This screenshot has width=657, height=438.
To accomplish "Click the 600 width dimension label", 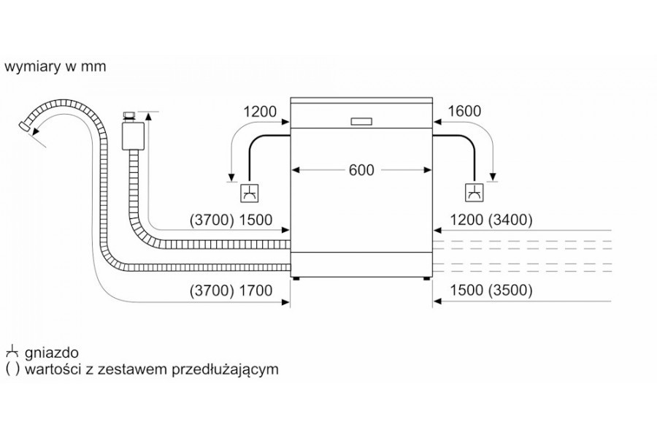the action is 361,170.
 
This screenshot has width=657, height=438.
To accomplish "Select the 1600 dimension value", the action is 464,111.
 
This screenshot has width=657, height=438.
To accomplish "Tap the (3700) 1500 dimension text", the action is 231,220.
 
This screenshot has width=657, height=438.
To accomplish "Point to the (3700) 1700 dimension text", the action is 231,290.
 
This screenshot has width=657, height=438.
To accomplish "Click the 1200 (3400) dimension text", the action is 491,220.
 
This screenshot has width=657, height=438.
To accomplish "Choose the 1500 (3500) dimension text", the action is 491,290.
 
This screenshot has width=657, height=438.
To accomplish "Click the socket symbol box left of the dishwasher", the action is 250,193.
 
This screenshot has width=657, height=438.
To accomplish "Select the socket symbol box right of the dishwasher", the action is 474,193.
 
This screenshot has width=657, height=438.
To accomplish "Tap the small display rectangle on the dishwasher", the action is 361,121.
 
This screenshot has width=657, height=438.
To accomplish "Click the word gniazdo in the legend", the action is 52,353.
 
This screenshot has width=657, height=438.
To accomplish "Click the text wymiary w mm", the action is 55,66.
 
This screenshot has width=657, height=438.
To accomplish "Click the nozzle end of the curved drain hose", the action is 25,126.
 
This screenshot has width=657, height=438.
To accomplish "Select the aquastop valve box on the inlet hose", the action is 132,137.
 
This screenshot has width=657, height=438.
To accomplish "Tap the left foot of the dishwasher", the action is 296,279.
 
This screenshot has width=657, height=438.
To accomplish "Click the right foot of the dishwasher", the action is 426,279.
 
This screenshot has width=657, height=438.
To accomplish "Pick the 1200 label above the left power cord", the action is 260,112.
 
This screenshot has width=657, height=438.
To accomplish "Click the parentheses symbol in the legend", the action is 12,369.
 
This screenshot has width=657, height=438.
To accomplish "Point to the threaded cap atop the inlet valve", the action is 129,116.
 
